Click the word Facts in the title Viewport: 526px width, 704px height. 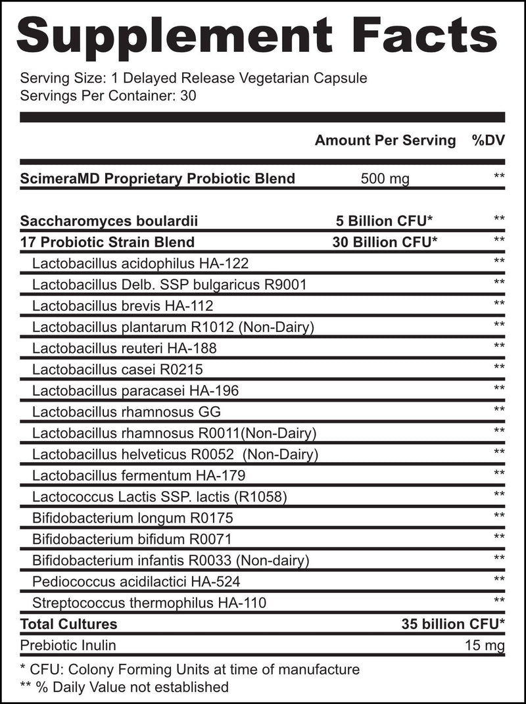pyautogui.click(x=429, y=34)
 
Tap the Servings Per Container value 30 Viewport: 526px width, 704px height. pyautogui.click(x=189, y=95)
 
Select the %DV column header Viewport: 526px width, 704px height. pyautogui.click(x=488, y=140)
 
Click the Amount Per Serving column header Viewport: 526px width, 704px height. pyautogui.click(x=385, y=140)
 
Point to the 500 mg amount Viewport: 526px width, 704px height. pyautogui.click(x=385, y=178)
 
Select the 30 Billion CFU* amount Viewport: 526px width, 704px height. pyautogui.click(x=385, y=242)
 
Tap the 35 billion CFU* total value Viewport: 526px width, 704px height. pyautogui.click(x=453, y=624)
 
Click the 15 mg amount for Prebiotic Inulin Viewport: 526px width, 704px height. pyautogui.click(x=484, y=645)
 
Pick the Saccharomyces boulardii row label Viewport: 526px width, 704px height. pyautogui.click(x=109, y=220)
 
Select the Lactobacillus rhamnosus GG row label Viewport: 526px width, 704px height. pyautogui.click(x=126, y=412)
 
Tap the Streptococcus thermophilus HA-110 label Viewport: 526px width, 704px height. pyautogui.click(x=149, y=602)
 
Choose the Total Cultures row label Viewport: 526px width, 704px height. pyautogui.click(x=68, y=624)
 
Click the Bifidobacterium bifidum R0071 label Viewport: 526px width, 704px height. pyautogui.click(x=131, y=539)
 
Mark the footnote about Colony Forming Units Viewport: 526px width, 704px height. pyautogui.click(x=190, y=670)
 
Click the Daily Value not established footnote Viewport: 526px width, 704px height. pyautogui.click(x=125, y=687)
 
